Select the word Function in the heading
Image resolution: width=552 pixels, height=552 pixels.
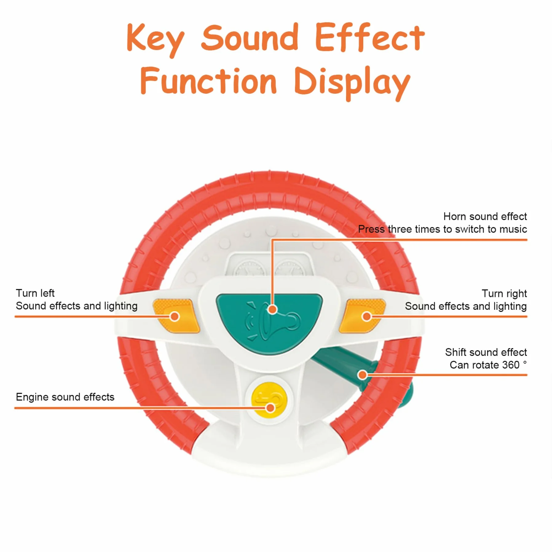[209, 81]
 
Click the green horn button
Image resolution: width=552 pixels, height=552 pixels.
[269, 323]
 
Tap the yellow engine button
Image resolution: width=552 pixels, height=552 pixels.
[269, 399]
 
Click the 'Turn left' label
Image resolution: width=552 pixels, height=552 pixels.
[35, 293]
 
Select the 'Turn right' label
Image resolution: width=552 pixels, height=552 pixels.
[504, 294]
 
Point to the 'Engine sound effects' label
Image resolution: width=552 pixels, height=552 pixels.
[65, 397]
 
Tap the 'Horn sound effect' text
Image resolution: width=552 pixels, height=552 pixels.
[485, 216]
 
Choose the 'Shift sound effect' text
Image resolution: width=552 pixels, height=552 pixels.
[486, 352]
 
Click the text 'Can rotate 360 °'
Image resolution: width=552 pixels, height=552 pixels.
[488, 365]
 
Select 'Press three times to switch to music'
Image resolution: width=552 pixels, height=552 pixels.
[442, 229]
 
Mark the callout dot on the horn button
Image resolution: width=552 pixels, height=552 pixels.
[272, 309]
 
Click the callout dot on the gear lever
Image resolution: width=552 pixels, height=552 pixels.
[363, 375]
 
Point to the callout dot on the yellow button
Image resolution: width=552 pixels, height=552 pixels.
[270, 408]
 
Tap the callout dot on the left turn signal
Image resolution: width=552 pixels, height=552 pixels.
[175, 316]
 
